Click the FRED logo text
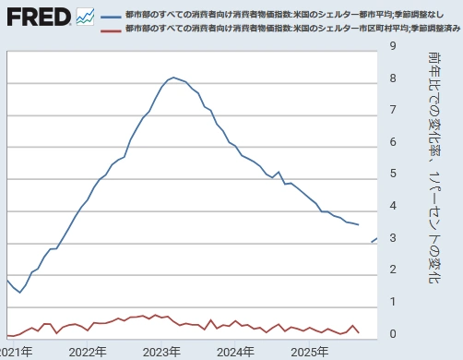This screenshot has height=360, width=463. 37,17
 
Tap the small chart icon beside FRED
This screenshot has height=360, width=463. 86,17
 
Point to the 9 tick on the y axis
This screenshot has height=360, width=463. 394,45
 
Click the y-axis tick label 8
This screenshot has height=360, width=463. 394,78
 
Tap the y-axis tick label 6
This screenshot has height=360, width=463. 394,141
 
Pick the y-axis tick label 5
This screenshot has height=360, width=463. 394,174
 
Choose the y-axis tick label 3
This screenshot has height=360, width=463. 394,237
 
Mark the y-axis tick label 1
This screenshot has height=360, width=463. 394,302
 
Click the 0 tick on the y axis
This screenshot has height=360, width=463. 394,333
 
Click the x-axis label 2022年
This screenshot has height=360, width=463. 88,352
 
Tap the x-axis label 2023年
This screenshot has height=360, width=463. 162,352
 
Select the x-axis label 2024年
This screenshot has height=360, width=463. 236,352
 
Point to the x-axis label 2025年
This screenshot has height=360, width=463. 310,352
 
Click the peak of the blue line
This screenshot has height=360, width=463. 173,78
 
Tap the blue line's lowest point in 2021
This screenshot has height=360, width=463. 20,293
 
